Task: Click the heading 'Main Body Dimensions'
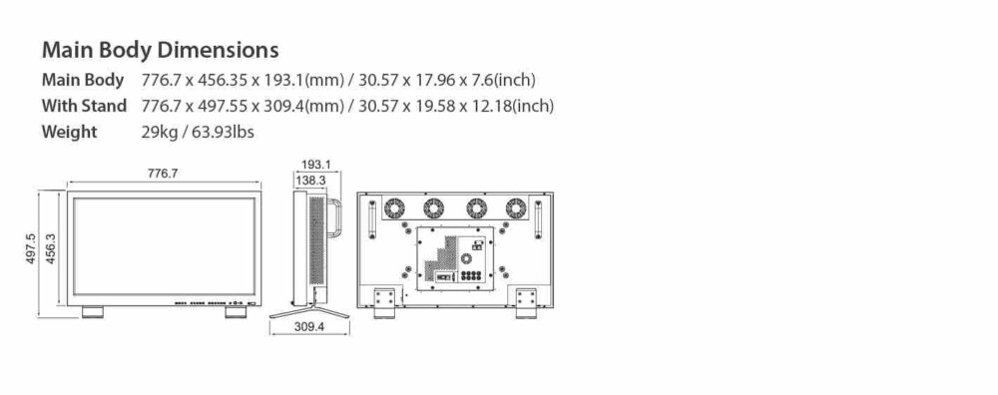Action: pyautogui.click(x=159, y=49)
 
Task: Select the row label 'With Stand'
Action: pyautogui.click(x=84, y=106)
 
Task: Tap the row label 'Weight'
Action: pyautogui.click(x=69, y=132)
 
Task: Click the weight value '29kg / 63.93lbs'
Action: pyautogui.click(x=206, y=132)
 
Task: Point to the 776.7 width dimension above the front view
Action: pyautogui.click(x=163, y=174)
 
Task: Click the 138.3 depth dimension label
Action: pyautogui.click(x=310, y=180)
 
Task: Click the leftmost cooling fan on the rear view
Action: pyautogui.click(x=393, y=208)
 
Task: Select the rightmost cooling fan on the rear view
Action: pyautogui.click(x=515, y=208)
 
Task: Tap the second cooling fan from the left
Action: pyautogui.click(x=434, y=208)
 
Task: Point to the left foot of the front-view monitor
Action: pyautogui.click(x=91, y=311)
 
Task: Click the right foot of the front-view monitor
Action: pyautogui.click(x=237, y=311)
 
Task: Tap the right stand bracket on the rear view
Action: pyautogui.click(x=525, y=301)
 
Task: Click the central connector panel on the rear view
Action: pyautogui.click(x=455, y=259)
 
